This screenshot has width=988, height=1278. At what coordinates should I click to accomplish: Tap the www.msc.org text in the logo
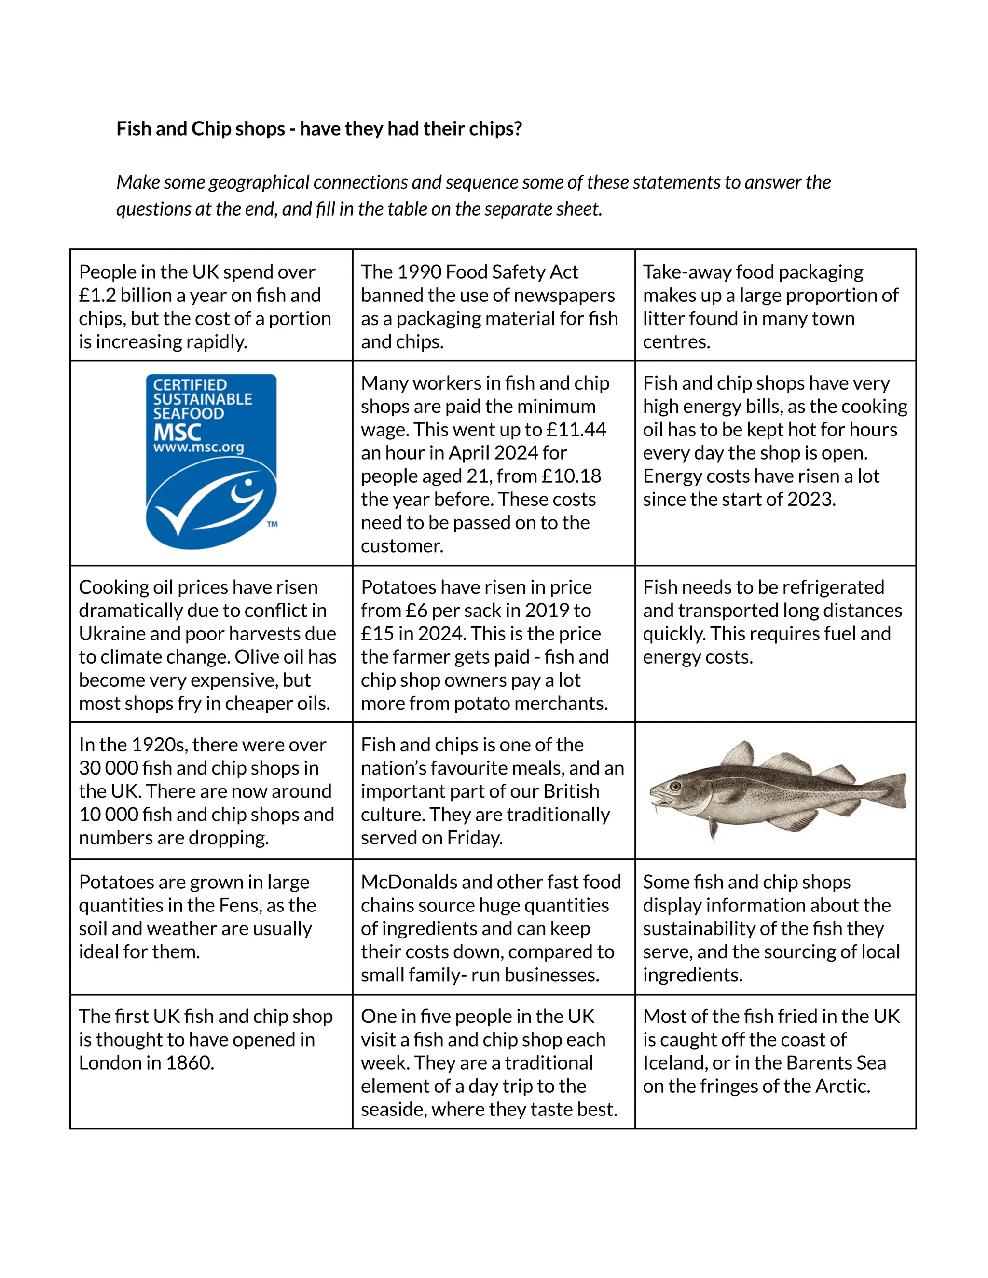(198, 448)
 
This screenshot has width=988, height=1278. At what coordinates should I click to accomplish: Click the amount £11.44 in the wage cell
(576, 430)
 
